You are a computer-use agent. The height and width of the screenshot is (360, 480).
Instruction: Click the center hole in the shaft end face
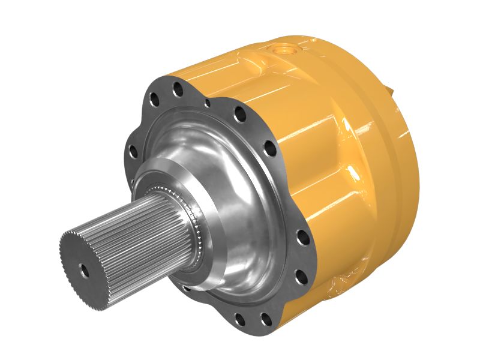pyautogui.click(x=85, y=271)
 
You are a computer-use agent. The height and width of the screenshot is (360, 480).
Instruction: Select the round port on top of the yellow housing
pyautogui.click(x=285, y=50)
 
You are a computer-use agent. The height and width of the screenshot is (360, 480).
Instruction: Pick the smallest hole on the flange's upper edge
pyautogui.click(x=208, y=104)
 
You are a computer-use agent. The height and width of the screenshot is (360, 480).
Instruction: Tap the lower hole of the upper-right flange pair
pyautogui.click(x=269, y=148)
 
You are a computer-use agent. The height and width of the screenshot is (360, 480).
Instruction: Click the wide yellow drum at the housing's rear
pyautogui.click(x=384, y=180)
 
